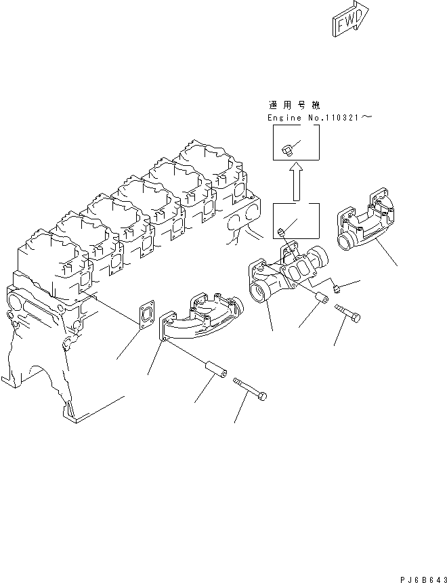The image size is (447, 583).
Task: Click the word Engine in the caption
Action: click(281, 118)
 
